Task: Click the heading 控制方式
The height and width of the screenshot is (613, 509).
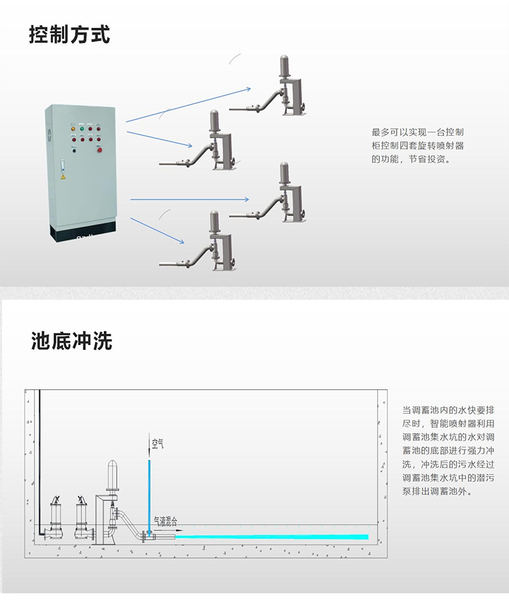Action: [69, 34]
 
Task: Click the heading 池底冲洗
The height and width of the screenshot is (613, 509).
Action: [71, 340]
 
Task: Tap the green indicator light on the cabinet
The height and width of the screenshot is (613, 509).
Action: [82, 128]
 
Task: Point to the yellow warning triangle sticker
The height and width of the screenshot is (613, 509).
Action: [63, 176]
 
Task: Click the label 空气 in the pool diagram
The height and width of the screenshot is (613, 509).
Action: [157, 444]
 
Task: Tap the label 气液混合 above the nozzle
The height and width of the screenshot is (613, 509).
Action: [165, 521]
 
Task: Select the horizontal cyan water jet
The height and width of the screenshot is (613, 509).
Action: [271, 536]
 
